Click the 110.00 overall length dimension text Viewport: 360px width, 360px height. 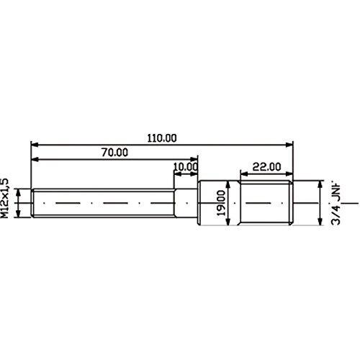point(162,138)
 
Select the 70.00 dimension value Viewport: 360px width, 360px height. point(114,153)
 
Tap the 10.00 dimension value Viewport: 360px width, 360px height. point(186,167)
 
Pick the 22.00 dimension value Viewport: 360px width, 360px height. point(266,167)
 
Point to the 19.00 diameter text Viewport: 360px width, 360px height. point(221,203)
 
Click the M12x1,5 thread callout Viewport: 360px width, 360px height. point(5,198)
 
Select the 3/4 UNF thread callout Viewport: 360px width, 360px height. point(336,204)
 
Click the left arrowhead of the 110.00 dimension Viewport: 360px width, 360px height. point(35,145)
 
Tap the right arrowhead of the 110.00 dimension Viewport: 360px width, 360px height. point(289,145)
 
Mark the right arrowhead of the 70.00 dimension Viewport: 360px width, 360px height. point(194,159)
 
